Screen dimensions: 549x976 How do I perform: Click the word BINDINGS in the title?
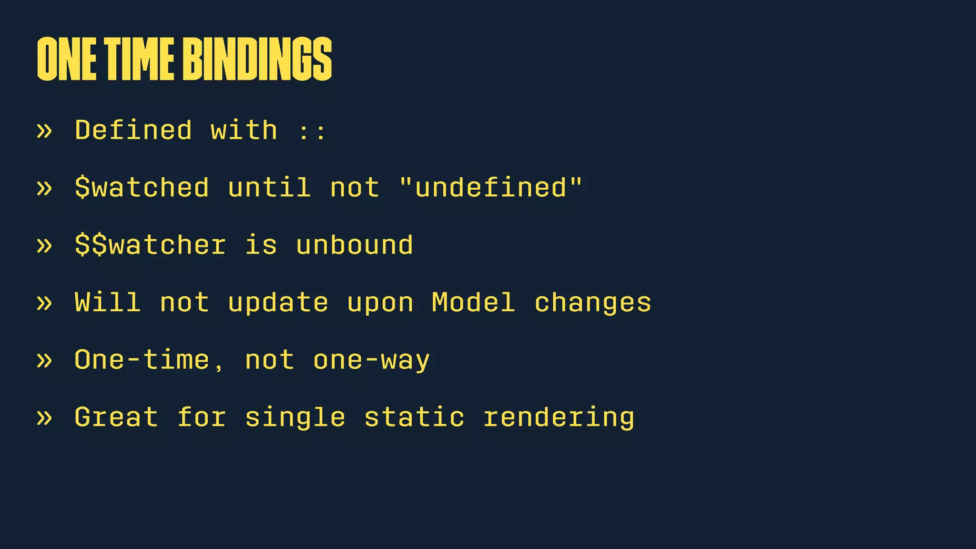click(257, 59)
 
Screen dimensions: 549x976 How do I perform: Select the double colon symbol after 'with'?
click(312, 131)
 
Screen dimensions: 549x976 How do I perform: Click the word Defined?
click(133, 130)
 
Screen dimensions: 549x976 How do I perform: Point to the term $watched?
click(142, 187)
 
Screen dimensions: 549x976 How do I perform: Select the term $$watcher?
click(151, 245)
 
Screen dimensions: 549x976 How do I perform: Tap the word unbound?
click(354, 245)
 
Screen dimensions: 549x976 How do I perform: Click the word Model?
click(473, 303)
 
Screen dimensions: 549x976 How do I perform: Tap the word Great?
click(116, 417)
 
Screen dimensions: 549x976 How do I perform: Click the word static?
click(414, 417)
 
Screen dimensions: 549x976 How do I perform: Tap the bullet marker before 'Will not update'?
click(44, 303)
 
